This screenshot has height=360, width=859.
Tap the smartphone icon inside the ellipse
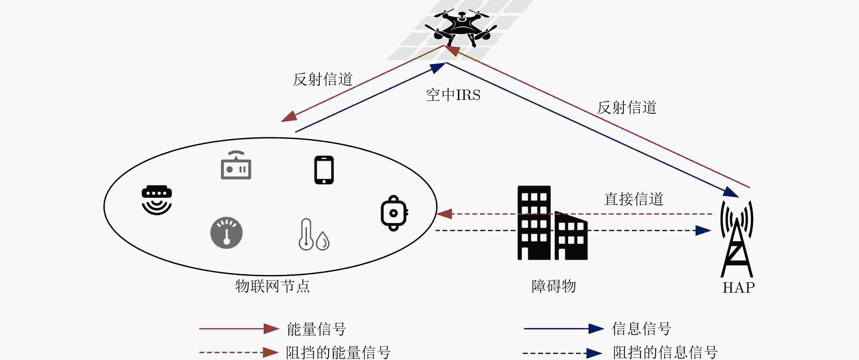[x=324, y=170]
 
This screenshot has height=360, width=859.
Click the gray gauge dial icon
[x=226, y=233]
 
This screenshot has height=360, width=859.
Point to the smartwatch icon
[x=394, y=213]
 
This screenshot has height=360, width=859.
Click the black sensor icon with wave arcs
[x=157, y=200]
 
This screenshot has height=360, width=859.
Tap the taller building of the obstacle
[x=534, y=223]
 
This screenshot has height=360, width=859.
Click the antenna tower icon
[x=737, y=239]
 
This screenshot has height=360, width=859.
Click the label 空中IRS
[x=453, y=95]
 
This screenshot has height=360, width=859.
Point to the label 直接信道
[x=634, y=199]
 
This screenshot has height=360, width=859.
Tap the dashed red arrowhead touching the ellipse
[x=444, y=214]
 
